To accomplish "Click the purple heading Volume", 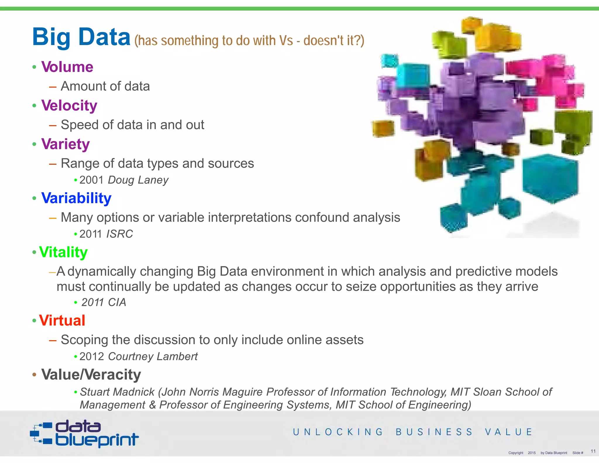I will click(x=67, y=67).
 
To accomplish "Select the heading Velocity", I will click(x=69, y=106).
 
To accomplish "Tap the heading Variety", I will click(x=66, y=144).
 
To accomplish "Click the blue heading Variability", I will click(x=76, y=198).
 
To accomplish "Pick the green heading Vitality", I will click(x=63, y=252).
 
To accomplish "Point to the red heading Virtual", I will click(x=62, y=320).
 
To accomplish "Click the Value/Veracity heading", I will click(x=91, y=375).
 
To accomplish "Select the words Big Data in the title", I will click(x=81, y=37).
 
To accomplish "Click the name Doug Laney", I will click(x=138, y=180).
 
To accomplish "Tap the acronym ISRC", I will click(x=119, y=234).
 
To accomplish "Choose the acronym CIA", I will click(x=117, y=302).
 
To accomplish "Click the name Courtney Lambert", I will click(x=153, y=356).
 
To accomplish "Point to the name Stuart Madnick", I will click(x=117, y=392).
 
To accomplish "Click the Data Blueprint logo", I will click(x=84, y=434).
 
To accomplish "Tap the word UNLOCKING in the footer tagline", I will click(x=338, y=432).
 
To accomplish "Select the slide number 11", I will click(x=593, y=451).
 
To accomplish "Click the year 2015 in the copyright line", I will click(x=532, y=453).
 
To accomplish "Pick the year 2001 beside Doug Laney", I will click(x=92, y=180).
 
